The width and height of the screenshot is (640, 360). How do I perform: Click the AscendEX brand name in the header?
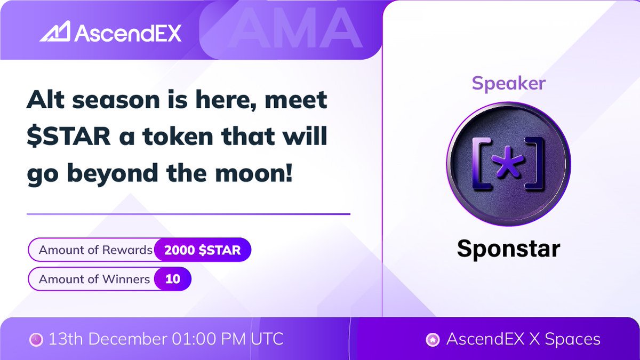click(128, 33)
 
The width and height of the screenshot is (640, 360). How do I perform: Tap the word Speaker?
click(508, 83)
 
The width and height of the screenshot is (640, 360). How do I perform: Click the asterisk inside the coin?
click(508, 162)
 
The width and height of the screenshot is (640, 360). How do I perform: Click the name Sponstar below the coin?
click(508, 249)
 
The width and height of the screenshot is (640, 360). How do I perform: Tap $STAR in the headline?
click(69, 138)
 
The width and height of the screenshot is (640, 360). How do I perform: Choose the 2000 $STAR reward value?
click(202, 250)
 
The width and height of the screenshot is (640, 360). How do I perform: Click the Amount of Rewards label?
click(95, 250)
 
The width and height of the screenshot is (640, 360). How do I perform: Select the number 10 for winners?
click(172, 279)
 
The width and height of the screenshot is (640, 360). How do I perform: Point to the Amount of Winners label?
click(94, 279)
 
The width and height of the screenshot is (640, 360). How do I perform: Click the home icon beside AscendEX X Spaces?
click(433, 339)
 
